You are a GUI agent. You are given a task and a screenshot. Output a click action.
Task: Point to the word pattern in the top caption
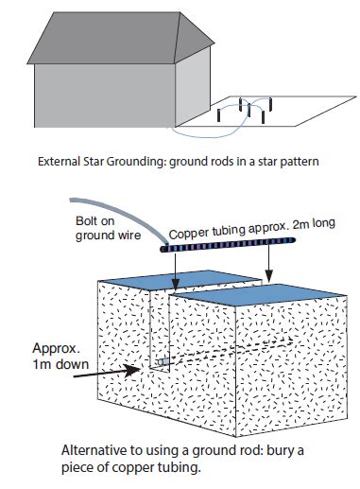(300, 162)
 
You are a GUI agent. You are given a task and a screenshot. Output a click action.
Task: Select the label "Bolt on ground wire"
(101, 228)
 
